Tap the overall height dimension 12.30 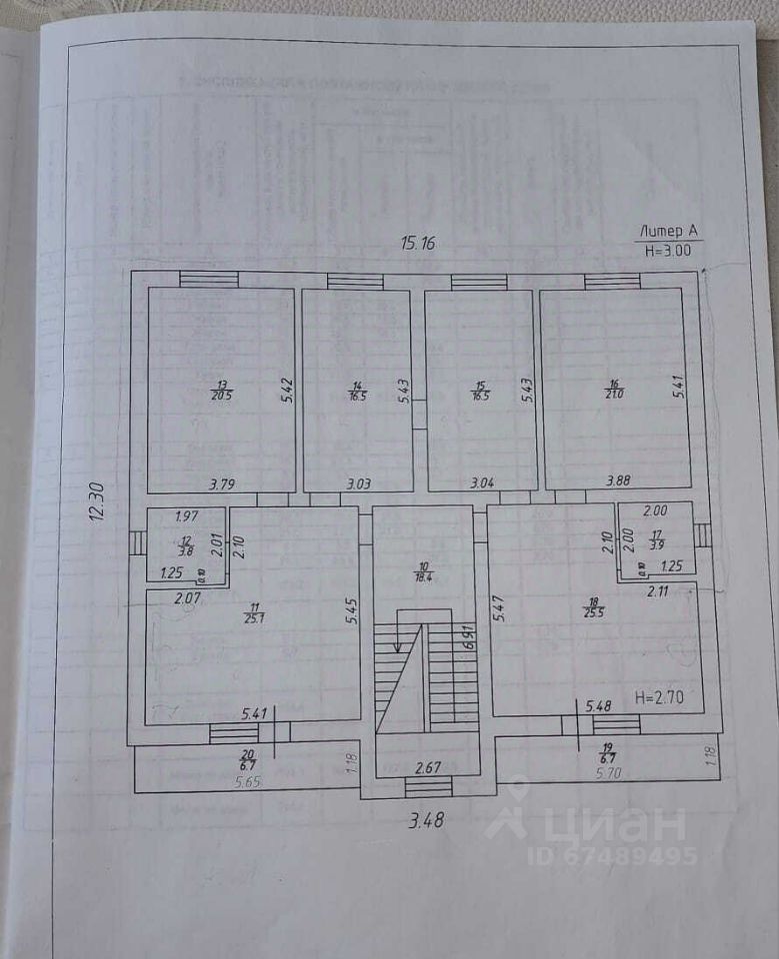(96, 500)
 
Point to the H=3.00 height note (668, 251)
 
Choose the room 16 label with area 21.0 (615, 389)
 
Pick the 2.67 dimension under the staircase (429, 767)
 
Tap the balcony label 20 (248, 761)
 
